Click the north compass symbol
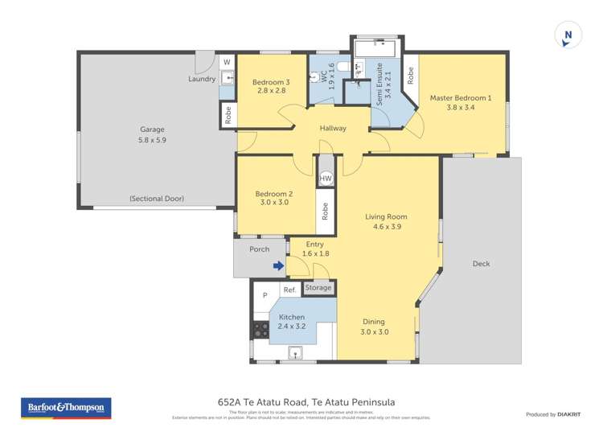point(568,35)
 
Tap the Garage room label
point(153,130)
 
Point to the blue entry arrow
point(278,265)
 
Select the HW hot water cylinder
point(326,179)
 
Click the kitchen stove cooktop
point(260,329)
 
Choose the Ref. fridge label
point(289,290)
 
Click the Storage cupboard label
point(318,287)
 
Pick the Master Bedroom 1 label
point(460,98)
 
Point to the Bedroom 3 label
point(271,82)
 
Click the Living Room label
point(386,216)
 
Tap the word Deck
point(481,264)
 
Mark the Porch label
point(259,249)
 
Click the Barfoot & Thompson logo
point(65,408)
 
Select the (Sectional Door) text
point(157,199)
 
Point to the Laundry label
point(202,79)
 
